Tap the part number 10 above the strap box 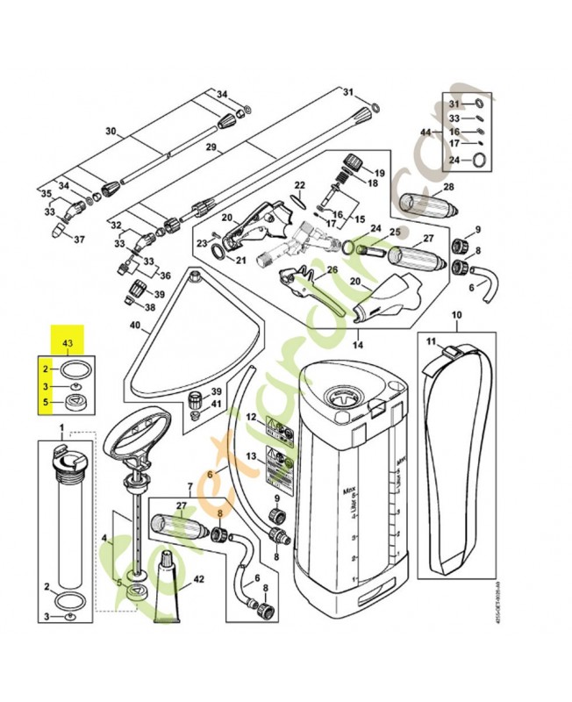pos(455,315)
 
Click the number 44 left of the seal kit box pos(425,132)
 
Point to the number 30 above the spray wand pos(110,132)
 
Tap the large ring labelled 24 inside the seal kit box pos(479,159)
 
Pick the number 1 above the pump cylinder pos(61,428)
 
